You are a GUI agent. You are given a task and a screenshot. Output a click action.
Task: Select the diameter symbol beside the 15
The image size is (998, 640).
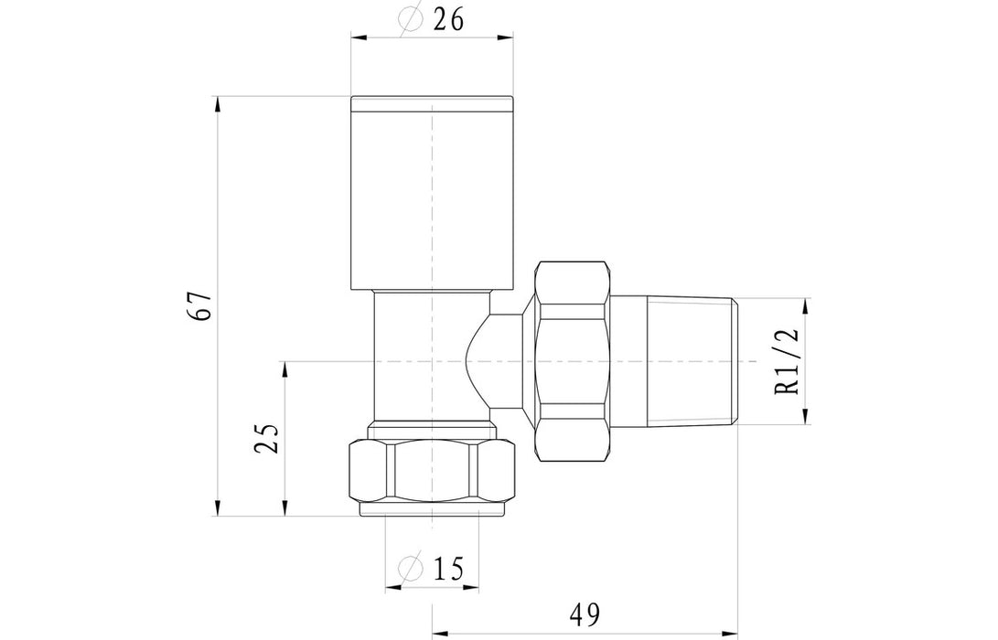coord(412,569)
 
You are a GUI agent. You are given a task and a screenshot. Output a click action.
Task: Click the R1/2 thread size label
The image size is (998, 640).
coord(787,362)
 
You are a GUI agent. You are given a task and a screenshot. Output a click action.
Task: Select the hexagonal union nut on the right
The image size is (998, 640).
coord(572,362)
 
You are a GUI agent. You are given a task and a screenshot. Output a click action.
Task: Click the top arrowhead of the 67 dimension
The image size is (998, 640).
coord(218,103)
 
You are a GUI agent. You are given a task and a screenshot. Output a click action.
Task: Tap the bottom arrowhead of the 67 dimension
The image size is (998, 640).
coord(218,509)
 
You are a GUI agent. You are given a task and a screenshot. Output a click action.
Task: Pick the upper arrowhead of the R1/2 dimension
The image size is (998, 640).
coord(806,305)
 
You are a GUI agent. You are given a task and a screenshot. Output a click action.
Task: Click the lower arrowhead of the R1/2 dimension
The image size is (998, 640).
coord(806,418)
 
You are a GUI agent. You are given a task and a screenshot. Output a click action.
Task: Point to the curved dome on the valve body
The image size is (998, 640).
coord(476,362)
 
